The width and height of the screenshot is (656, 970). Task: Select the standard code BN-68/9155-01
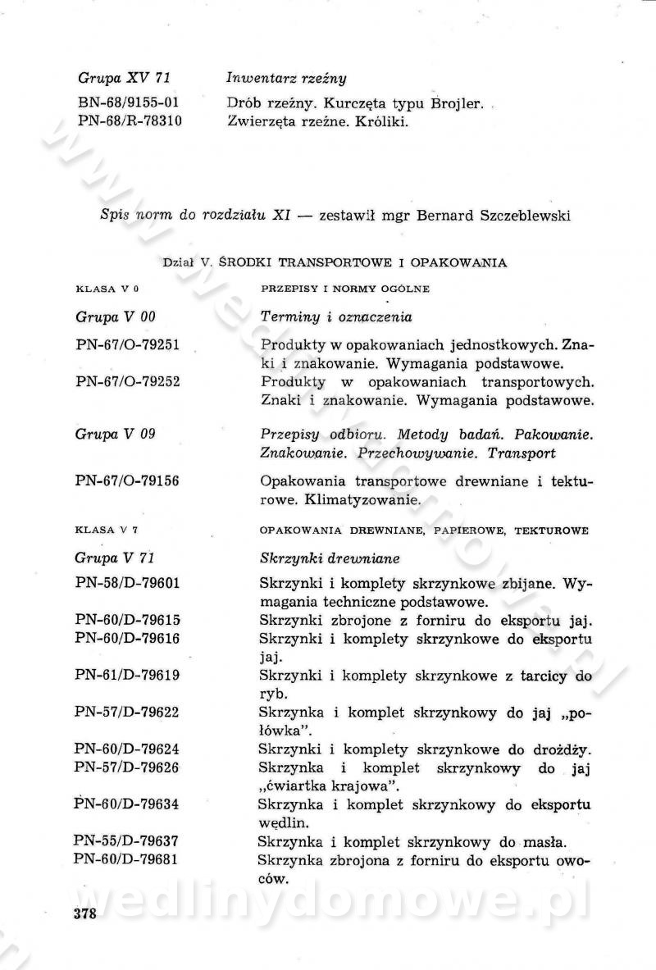point(129,104)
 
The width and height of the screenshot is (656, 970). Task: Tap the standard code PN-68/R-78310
point(129,122)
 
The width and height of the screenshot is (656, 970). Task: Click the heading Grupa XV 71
point(124,79)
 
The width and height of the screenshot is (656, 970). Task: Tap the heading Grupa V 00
point(115,317)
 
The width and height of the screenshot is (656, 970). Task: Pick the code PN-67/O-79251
point(128,345)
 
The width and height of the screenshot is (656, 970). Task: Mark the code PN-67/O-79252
point(128,382)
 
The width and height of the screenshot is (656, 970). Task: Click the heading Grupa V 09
point(115,434)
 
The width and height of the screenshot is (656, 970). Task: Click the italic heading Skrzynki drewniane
point(329,558)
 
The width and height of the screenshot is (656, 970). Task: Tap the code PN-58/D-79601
point(128,584)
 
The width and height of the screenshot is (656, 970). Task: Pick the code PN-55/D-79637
point(128,840)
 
